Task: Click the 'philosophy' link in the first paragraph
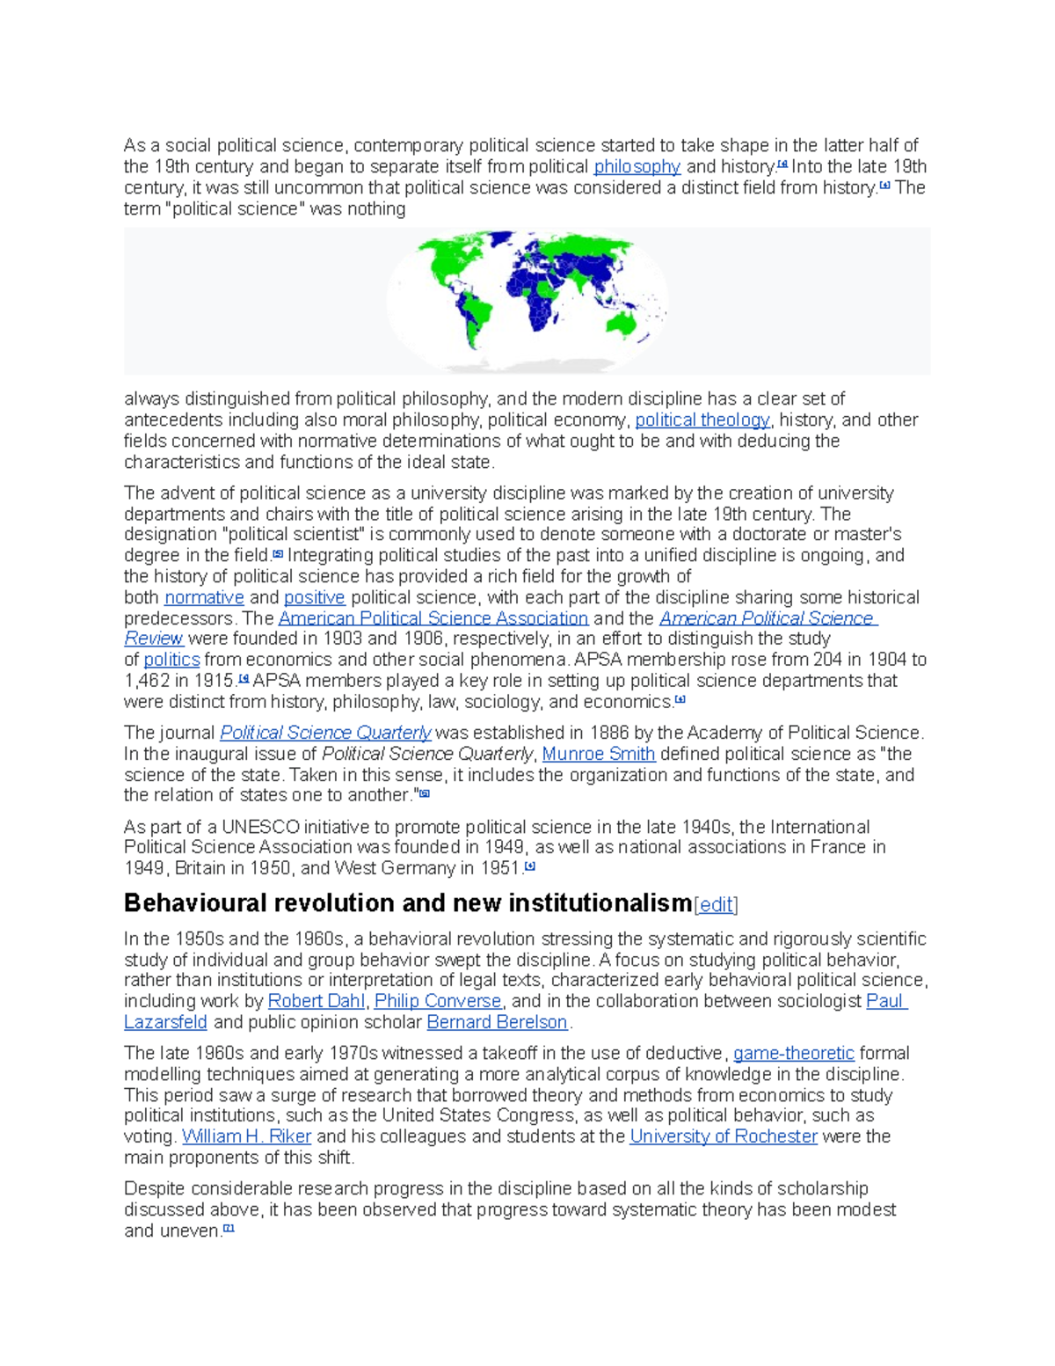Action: [637, 167]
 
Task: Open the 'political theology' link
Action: [702, 420]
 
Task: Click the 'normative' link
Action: [204, 598]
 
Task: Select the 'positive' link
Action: [315, 598]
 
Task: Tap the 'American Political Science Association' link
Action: [433, 618]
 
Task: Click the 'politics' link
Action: [171, 660]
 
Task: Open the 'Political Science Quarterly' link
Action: [325, 733]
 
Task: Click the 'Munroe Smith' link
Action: [599, 754]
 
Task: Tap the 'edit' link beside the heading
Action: [716, 905]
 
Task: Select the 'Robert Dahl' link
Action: [316, 1001]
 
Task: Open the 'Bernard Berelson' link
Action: [497, 1022]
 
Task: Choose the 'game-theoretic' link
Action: [794, 1053]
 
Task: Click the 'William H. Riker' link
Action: [246, 1136]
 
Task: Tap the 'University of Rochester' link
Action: [724, 1136]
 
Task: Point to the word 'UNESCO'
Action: [260, 828]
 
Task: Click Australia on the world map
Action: [626, 323]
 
